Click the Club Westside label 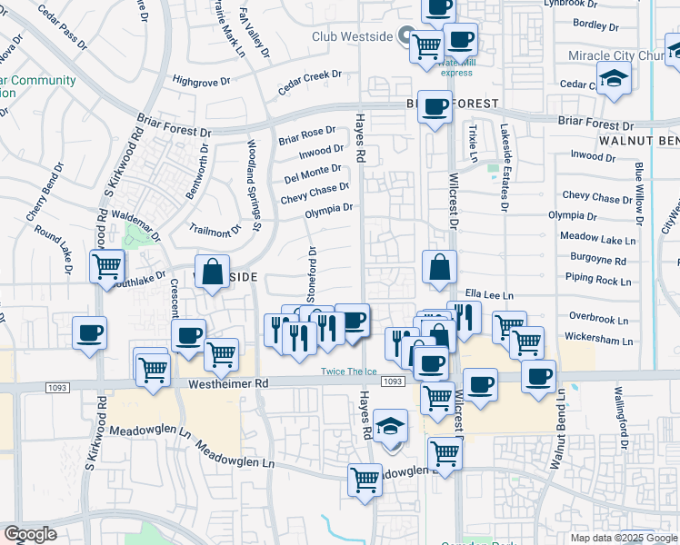tap(352, 36)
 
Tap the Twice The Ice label tap(347, 372)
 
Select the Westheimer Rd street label tap(229, 384)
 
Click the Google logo tap(30, 533)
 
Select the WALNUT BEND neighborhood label tap(638, 142)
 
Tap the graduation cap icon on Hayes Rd tap(391, 427)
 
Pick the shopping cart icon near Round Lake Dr tap(106, 266)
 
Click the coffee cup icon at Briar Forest tap(435, 106)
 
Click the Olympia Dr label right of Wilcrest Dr tap(572, 217)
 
